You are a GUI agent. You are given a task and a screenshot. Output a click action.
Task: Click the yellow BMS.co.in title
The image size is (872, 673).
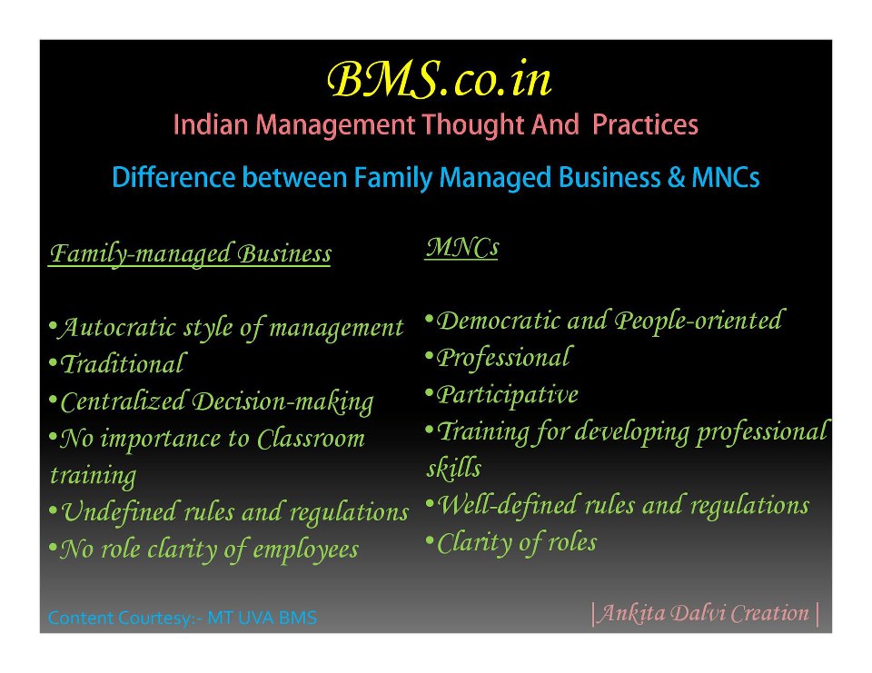(439, 80)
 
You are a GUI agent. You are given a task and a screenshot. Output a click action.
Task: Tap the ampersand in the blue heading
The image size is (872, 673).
(676, 177)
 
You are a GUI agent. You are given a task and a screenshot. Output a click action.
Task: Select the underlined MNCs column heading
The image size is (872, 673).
(461, 248)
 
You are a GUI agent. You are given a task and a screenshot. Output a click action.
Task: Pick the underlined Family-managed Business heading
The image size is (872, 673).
(190, 254)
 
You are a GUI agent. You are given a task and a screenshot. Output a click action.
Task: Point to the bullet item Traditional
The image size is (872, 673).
(117, 364)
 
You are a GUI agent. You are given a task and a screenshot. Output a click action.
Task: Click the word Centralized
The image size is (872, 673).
(123, 401)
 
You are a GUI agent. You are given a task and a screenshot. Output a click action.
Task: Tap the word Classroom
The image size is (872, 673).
(311, 439)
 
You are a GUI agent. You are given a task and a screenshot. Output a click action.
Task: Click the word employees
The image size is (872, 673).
(306, 550)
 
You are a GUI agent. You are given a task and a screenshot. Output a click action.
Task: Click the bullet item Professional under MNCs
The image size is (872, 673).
(499, 358)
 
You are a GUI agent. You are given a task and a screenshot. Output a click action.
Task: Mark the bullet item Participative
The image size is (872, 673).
(501, 395)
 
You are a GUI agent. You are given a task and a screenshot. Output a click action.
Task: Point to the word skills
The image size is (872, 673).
(454, 468)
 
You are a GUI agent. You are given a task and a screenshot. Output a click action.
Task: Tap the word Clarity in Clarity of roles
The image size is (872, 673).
(472, 543)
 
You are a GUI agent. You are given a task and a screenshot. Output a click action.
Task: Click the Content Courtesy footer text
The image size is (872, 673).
(183, 618)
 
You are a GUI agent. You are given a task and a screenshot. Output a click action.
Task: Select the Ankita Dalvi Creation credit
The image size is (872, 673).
(705, 613)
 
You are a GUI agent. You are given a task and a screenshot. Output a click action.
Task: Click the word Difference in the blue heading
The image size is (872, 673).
(173, 177)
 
